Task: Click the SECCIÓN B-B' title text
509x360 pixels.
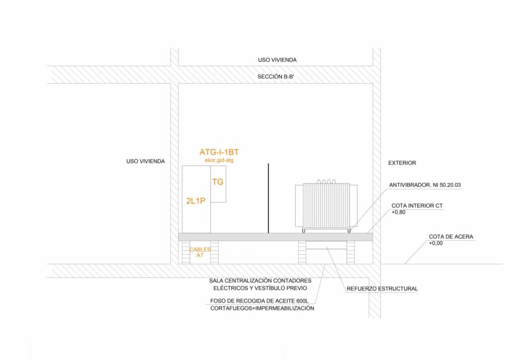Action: [277, 77]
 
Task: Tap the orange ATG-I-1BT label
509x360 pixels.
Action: [219, 152]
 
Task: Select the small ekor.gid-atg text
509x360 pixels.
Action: [219, 160]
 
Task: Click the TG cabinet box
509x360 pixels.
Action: [218, 183]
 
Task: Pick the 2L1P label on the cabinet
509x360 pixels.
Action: [196, 200]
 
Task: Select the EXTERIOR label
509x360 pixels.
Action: [402, 163]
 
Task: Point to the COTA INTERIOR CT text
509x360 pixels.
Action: [417, 205]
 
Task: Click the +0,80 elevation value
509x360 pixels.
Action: [399, 212]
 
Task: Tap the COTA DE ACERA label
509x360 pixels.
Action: [451, 237]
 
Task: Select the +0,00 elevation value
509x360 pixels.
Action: [436, 244]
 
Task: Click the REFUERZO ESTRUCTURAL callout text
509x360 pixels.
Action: [382, 288]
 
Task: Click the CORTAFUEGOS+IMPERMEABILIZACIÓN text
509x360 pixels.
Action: [262, 308]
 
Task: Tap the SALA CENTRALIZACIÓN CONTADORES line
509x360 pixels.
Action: [260, 280]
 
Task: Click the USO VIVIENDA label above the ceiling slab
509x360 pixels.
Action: [277, 60]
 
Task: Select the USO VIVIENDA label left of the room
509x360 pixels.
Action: [146, 161]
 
